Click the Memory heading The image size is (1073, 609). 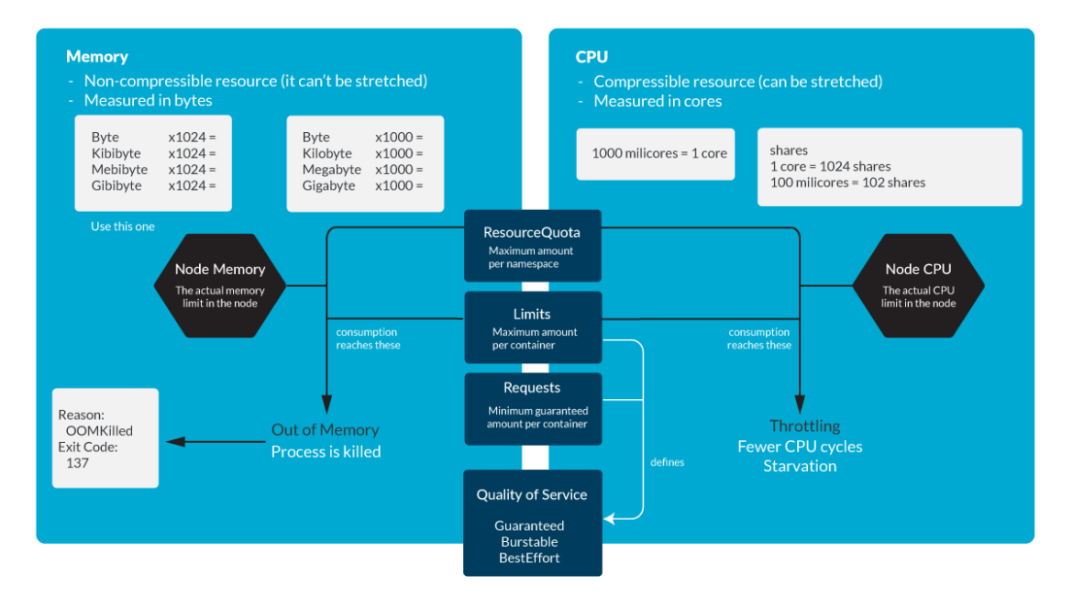point(97,57)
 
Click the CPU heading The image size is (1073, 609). point(592,57)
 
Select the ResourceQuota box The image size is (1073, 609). point(532,245)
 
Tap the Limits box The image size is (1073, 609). point(532,327)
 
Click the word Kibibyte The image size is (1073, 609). point(116,153)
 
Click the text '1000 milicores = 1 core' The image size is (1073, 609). point(658,153)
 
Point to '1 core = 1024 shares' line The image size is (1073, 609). point(830,166)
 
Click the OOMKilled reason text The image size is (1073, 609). point(99,430)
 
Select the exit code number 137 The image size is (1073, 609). point(78,463)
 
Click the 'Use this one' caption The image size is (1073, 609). point(122,226)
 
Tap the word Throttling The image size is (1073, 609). point(804,426)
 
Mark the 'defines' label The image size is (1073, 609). point(667,462)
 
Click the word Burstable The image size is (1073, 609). point(529,541)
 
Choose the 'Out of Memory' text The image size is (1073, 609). point(325,429)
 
